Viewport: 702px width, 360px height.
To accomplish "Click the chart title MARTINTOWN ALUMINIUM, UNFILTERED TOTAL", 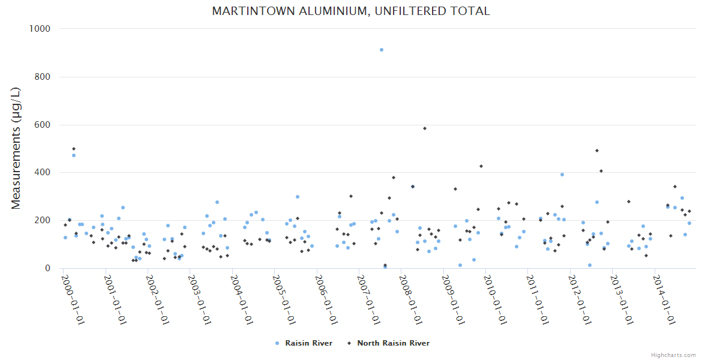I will tap(351, 11).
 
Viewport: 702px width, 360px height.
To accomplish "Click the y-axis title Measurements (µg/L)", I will tap(16, 148).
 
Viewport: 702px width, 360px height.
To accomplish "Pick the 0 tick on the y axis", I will tap(47, 268).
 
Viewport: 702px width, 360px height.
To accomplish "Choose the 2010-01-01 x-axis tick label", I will tap(496, 300).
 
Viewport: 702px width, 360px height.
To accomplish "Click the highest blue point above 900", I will tap(382, 50).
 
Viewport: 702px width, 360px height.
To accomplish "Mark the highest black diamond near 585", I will tap(425, 128).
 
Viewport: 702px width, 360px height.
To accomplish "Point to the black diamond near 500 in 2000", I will tap(74, 149).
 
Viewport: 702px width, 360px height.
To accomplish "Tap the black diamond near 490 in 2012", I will tap(597, 151).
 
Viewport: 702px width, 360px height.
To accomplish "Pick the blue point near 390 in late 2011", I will tap(562, 175).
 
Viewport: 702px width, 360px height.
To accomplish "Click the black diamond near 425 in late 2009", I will tap(481, 166).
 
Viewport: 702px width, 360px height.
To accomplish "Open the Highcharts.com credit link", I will tap(673, 355).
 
